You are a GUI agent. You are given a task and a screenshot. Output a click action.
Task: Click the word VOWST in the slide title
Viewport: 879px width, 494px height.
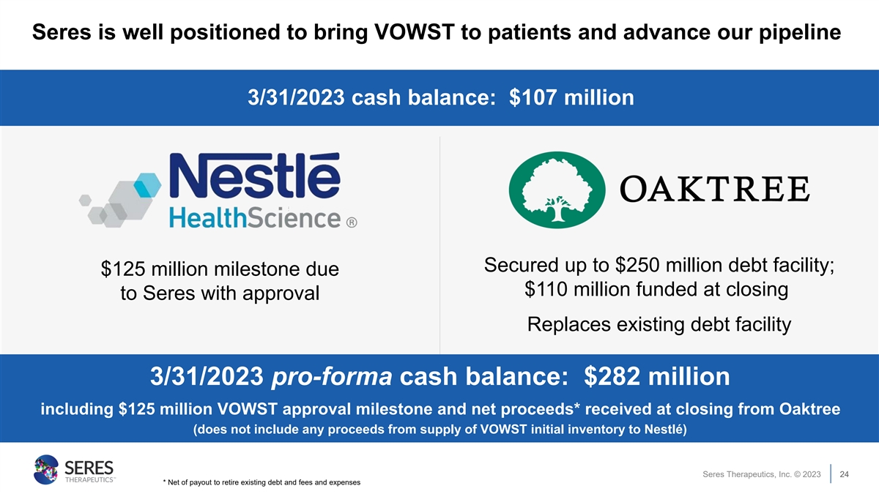(x=415, y=31)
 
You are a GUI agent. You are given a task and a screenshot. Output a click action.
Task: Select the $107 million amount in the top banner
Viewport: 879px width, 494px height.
(x=571, y=97)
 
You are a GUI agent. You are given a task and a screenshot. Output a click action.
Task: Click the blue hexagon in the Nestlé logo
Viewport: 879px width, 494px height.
(x=147, y=185)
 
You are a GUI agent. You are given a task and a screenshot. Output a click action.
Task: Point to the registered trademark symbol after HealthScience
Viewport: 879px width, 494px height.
(x=352, y=222)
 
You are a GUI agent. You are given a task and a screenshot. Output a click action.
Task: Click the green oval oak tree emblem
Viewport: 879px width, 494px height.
(x=557, y=190)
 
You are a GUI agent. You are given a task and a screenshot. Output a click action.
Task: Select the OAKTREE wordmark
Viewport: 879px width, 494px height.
(x=715, y=190)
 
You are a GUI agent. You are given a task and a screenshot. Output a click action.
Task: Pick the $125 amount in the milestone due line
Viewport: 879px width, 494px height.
(x=123, y=269)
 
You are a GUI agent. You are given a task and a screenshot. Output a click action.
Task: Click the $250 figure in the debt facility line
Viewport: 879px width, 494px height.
(x=637, y=265)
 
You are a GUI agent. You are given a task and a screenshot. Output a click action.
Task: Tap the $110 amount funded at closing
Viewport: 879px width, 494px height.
(x=546, y=289)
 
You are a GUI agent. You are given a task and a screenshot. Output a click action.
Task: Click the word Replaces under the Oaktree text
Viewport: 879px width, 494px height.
(x=569, y=325)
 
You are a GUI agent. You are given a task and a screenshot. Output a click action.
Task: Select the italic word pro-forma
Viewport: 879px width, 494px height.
(x=332, y=376)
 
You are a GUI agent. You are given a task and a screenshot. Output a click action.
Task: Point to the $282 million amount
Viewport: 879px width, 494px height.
(x=657, y=376)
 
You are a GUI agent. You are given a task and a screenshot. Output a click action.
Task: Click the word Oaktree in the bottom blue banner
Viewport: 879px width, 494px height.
(x=809, y=409)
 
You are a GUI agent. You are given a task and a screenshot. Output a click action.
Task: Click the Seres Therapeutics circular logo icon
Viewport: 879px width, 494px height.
(x=46, y=469)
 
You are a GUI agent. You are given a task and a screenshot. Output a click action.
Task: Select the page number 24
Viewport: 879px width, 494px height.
(x=844, y=474)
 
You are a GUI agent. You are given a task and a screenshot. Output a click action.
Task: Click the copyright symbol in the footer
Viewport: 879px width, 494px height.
(x=797, y=474)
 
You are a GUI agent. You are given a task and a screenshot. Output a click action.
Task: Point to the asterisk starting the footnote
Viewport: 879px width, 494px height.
(x=164, y=481)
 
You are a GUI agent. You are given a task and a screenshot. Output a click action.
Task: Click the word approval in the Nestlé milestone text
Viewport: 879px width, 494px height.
(x=281, y=293)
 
